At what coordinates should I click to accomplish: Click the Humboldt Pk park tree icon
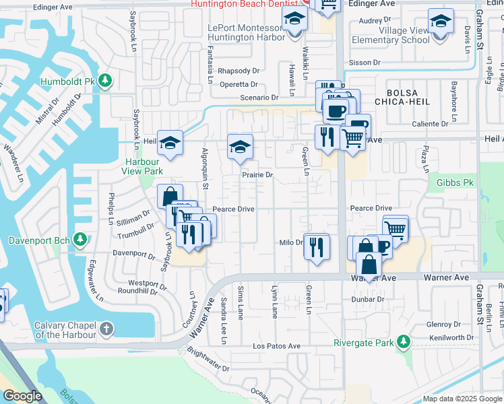click(x=104, y=81)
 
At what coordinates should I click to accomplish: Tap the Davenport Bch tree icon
click(x=80, y=239)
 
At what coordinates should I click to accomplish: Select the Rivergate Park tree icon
click(x=403, y=342)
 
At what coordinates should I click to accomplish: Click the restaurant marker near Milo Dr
click(x=317, y=246)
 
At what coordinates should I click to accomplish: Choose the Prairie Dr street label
click(x=257, y=175)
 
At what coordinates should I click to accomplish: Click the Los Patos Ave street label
click(x=276, y=346)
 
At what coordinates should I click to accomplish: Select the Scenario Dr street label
click(x=260, y=98)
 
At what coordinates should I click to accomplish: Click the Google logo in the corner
click(x=22, y=396)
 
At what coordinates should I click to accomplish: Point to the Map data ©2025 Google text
click(x=462, y=399)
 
